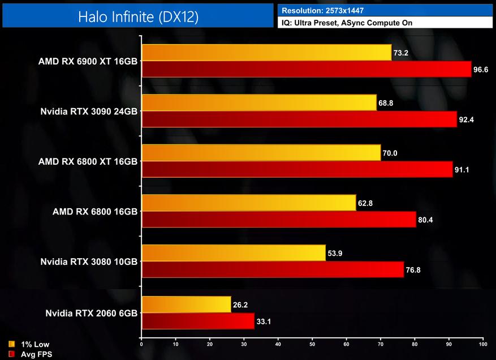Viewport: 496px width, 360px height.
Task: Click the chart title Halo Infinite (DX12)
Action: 138,17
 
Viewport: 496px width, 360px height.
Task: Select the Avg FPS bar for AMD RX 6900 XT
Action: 306,69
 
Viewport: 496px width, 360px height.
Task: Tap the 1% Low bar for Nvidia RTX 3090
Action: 259,102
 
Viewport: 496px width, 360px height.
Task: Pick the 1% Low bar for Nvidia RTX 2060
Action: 186,304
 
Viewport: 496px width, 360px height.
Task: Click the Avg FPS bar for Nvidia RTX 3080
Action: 273,269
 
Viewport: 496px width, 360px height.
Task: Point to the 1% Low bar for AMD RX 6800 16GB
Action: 249,202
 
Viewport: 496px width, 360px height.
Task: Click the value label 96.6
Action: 481,70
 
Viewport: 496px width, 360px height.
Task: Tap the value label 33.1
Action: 264,321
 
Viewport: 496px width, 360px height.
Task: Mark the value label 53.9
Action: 335,253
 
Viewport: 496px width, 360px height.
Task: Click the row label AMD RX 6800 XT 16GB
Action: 88,161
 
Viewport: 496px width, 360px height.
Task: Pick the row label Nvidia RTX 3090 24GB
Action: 89,111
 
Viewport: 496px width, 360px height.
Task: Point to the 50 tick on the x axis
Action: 312,344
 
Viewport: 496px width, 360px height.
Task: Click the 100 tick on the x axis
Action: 482,344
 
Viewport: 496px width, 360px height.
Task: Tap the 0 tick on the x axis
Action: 141,344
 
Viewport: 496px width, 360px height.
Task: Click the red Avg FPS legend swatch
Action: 12,354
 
